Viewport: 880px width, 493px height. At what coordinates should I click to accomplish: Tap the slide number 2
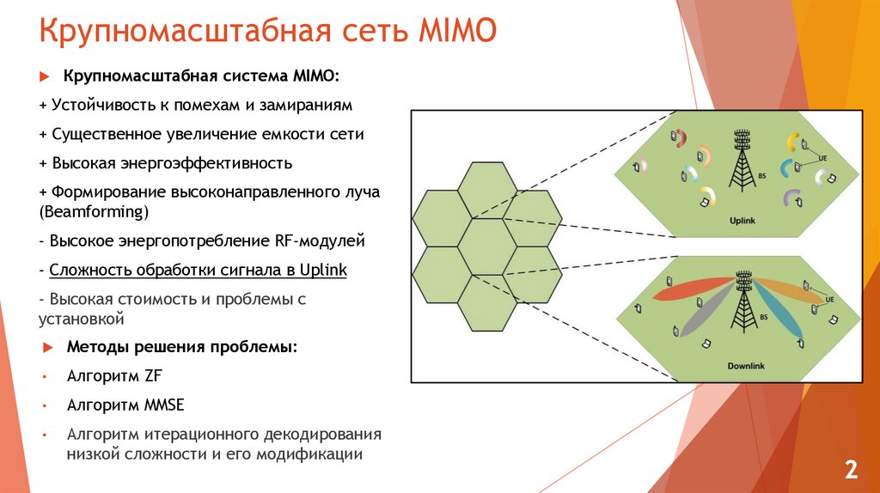(851, 470)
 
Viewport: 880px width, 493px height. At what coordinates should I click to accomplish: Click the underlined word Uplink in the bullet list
(323, 271)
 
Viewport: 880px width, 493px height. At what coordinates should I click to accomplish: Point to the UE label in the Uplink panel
(822, 159)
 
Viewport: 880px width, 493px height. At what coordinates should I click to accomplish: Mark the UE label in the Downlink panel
(829, 300)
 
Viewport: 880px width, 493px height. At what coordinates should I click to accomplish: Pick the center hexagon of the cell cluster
(486, 246)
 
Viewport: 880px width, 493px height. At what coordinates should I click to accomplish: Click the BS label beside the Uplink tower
(762, 176)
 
